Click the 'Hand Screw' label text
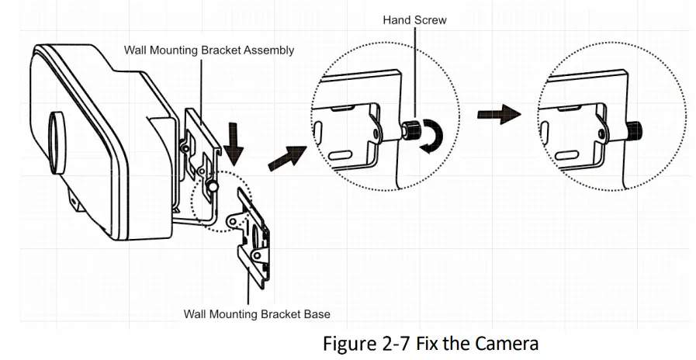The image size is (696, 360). point(414,19)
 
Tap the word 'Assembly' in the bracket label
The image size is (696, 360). point(268,50)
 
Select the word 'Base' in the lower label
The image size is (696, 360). point(315,314)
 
